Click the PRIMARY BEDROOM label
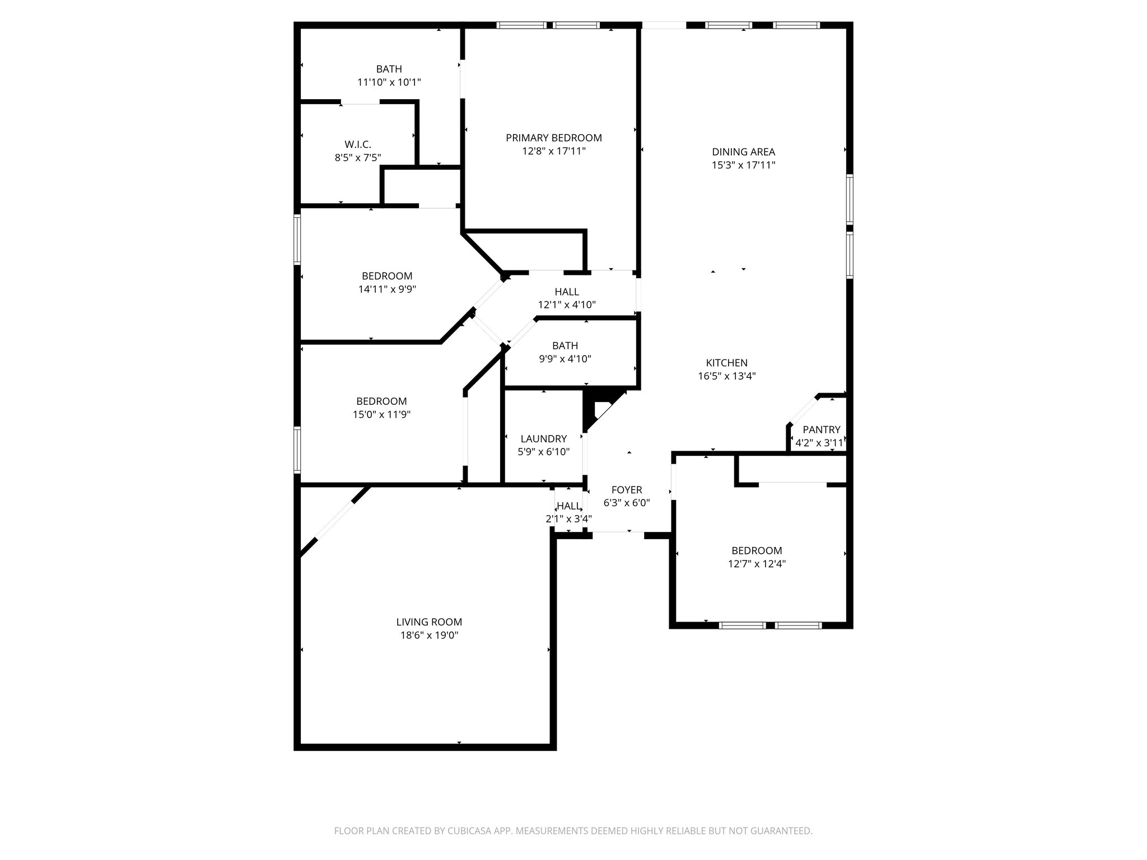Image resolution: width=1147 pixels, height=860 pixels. point(553,138)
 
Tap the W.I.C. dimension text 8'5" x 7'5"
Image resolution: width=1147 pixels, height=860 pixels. point(358,158)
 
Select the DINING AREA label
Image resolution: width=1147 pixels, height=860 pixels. point(743,152)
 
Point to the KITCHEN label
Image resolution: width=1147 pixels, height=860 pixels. point(726,363)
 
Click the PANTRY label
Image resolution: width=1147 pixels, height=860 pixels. point(821,429)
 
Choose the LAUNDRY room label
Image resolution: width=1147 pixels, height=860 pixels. point(543,438)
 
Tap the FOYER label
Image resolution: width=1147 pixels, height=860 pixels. point(626,490)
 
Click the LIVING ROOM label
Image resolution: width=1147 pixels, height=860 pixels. point(429,621)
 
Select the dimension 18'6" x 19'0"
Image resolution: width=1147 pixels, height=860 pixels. point(429,635)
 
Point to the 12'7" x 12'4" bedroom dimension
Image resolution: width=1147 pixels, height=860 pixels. point(757,564)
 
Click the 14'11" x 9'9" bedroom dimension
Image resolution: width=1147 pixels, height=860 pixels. point(387,289)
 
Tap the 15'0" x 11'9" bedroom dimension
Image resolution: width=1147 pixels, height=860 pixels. point(381,415)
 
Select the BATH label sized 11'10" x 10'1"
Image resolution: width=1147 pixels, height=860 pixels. point(389,69)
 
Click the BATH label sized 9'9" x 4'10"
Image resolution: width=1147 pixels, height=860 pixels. point(565,345)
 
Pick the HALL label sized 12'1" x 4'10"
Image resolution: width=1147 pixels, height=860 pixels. point(566,292)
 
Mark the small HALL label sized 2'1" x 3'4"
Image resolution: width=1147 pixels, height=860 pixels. point(568,506)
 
